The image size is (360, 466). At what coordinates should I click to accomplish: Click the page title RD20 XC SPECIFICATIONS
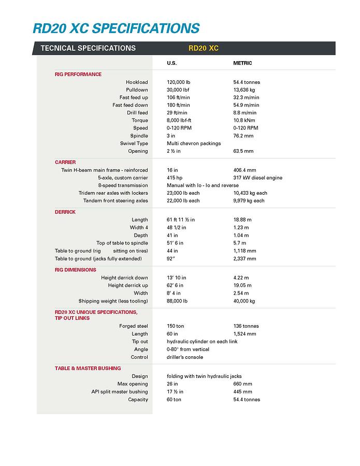click(116, 27)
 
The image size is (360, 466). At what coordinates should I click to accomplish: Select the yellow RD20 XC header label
click(204, 48)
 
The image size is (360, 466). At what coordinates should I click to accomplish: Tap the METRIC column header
click(242, 63)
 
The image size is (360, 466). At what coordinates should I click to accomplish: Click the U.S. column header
click(172, 63)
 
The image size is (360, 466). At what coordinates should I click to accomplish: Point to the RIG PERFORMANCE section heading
click(78, 74)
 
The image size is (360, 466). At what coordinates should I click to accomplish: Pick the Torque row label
click(140, 120)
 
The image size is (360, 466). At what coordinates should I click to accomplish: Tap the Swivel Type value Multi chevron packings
click(194, 143)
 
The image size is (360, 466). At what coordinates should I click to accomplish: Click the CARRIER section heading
click(65, 162)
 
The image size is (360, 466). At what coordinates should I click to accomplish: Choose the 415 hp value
click(175, 178)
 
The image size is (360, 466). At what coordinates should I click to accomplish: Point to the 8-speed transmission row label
click(123, 185)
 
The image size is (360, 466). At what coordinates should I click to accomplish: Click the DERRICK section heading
click(65, 212)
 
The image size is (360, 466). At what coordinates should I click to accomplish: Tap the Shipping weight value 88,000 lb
click(177, 301)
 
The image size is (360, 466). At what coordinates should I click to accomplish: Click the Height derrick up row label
click(128, 285)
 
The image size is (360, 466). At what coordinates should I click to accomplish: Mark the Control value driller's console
click(185, 357)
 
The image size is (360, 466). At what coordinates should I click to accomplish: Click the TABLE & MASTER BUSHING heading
click(88, 368)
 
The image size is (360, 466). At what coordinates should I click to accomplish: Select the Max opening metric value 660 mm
click(242, 384)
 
